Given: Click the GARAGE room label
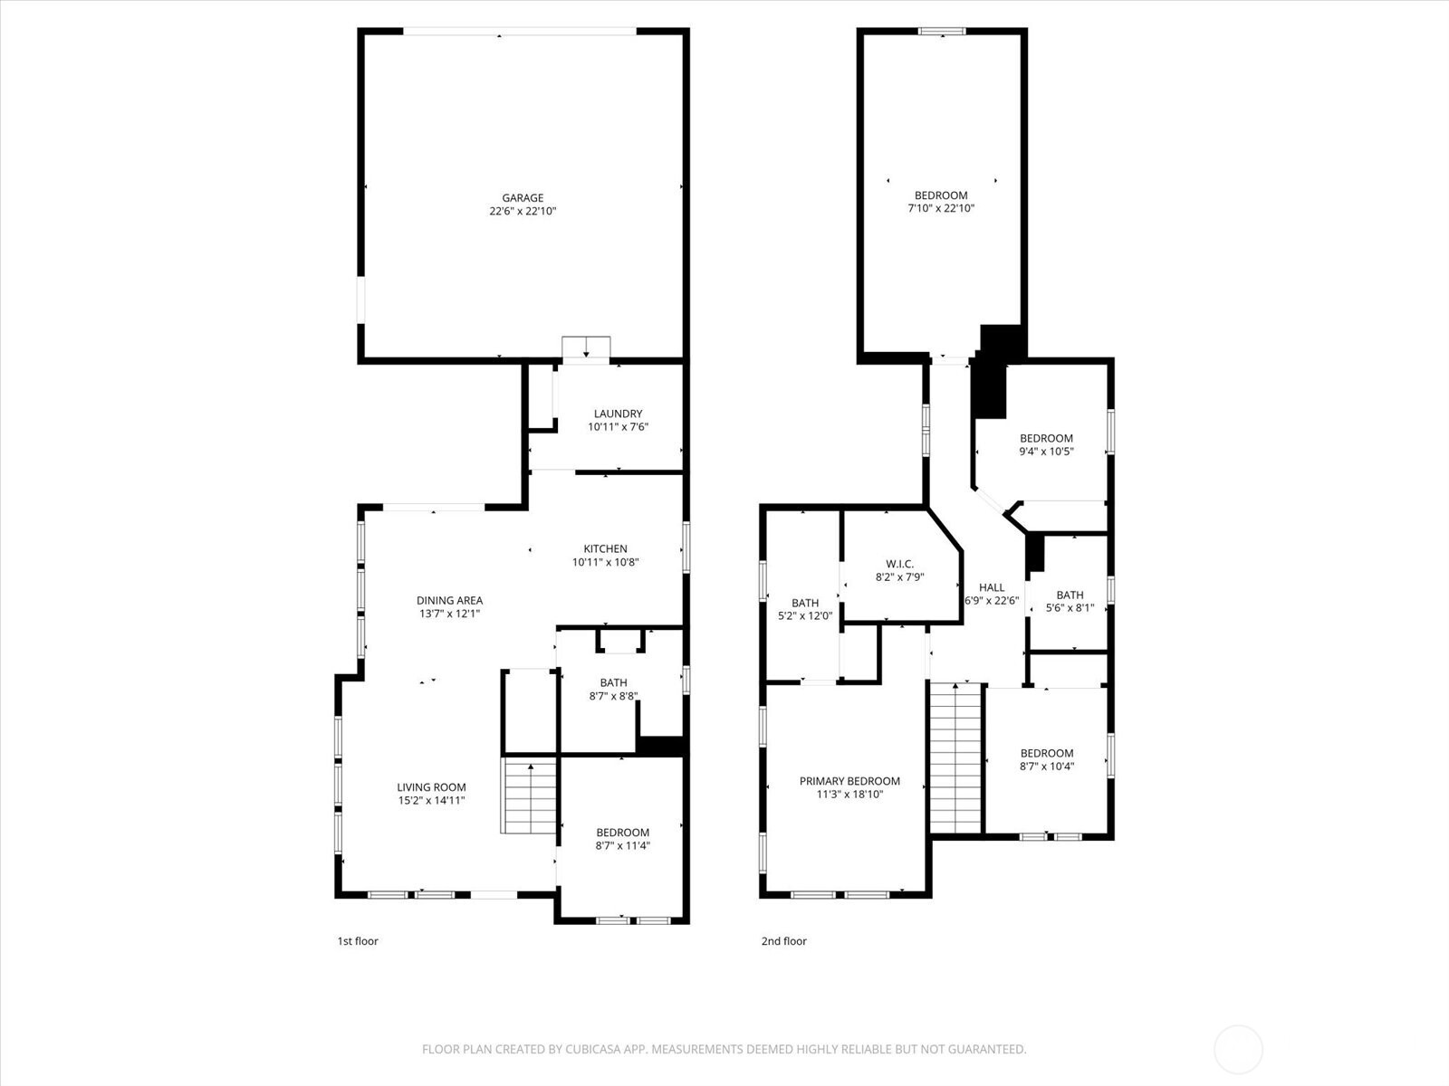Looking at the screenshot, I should [523, 198].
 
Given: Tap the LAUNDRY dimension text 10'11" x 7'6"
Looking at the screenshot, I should [618, 427].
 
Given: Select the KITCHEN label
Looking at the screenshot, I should [605, 548].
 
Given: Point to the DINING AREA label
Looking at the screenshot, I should [449, 600].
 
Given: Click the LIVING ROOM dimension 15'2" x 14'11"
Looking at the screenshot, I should [431, 801].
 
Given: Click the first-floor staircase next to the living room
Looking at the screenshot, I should [530, 796].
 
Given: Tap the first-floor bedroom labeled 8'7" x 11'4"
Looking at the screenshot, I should [622, 839].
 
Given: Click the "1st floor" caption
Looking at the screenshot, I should [358, 941].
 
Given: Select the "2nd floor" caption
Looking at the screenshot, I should [783, 941].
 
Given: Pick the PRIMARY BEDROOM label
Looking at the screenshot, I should [849, 781].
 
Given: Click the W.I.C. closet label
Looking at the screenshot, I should [899, 564].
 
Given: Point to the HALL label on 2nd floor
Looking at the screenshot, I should [992, 587].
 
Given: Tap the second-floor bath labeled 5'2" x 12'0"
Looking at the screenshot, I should [804, 609].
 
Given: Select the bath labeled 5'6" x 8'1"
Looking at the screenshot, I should [1070, 601].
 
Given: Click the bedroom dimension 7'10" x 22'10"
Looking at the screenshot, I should [941, 208].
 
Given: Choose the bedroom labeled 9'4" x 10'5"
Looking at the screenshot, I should [1046, 444].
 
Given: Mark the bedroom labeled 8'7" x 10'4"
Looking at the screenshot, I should [1047, 759].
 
